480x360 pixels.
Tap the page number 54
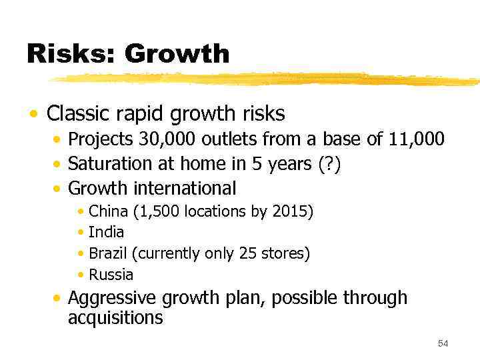[x=443, y=343]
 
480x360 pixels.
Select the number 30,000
[x=167, y=139]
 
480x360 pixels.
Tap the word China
[x=109, y=212]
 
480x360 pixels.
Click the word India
[x=106, y=233]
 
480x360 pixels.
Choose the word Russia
[x=111, y=275]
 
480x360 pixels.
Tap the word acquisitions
[x=115, y=318]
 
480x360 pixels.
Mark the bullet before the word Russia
[x=81, y=275]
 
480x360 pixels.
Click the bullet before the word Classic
[x=33, y=114]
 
